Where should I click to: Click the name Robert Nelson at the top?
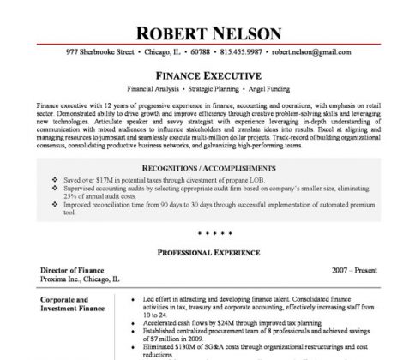tap(198, 33)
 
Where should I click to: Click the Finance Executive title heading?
tap(198, 75)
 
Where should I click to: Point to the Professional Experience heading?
tap(198, 255)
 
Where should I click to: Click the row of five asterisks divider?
tap(198, 233)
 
